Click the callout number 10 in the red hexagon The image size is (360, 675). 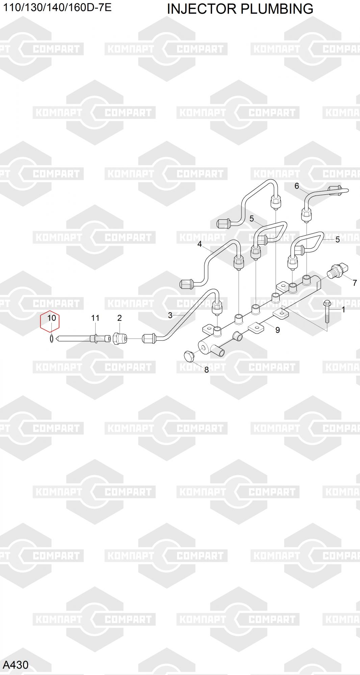click(51, 318)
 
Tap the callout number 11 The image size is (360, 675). click(95, 318)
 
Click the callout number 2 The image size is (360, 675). click(120, 318)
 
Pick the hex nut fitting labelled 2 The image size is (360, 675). click(120, 338)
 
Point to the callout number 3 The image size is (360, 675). click(170, 315)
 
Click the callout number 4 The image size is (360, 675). click(200, 244)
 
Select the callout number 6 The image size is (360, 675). click(297, 186)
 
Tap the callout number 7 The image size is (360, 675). click(355, 283)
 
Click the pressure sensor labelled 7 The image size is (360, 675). click(338, 271)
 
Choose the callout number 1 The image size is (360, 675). click(343, 309)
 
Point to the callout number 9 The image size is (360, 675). click(278, 330)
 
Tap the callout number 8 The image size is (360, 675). click(207, 370)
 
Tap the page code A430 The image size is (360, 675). click(16, 665)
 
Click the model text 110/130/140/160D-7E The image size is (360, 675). click(57, 7)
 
